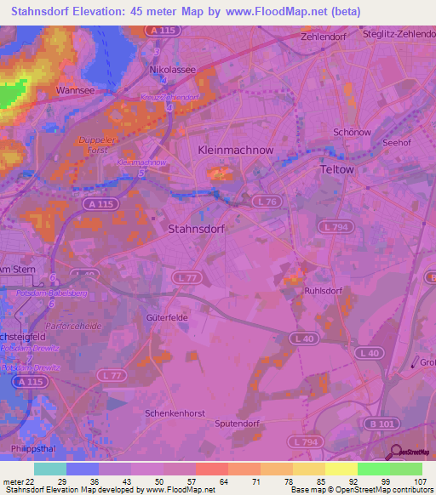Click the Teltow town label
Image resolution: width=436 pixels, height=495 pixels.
pos(336,169)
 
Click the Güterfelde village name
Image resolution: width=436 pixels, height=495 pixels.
pos(166,316)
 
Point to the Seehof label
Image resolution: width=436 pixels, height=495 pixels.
pos(397,143)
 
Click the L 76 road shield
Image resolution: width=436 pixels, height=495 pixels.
pos(266,201)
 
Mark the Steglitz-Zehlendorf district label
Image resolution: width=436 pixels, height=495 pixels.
pos(396,35)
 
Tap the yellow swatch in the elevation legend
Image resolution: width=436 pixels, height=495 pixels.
pos(341,469)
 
